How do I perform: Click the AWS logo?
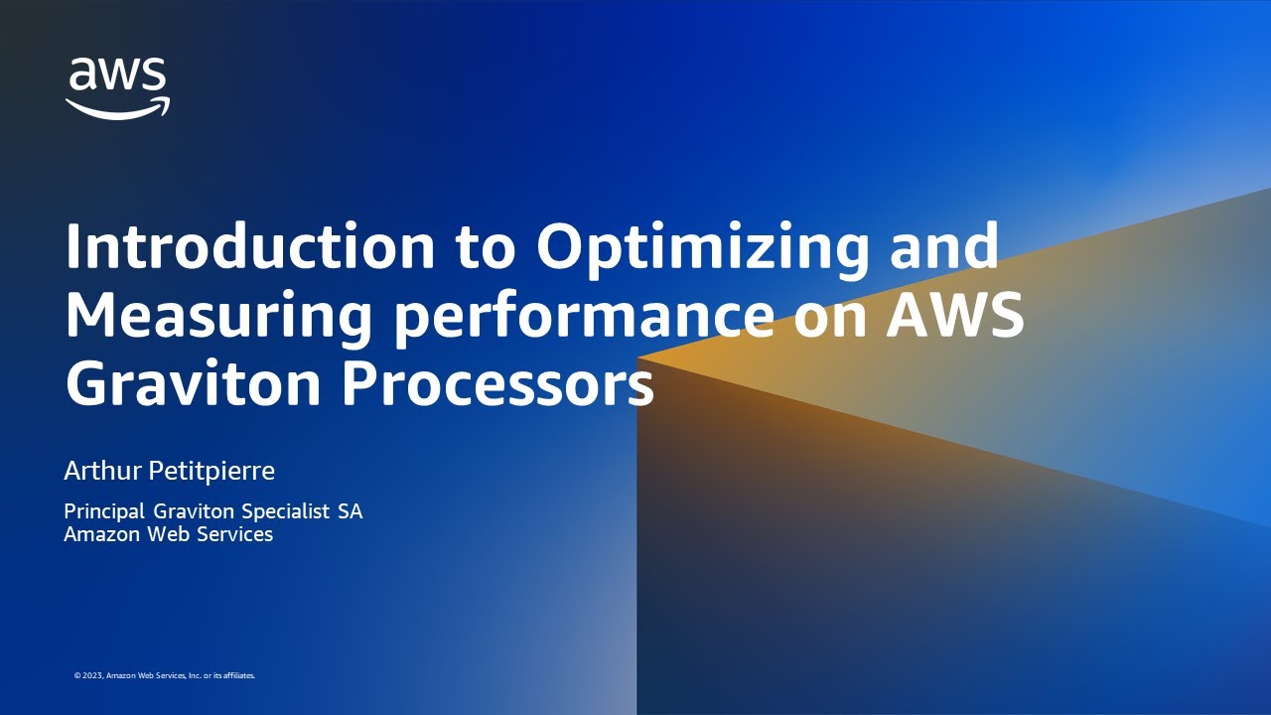(117, 87)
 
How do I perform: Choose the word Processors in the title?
(498, 384)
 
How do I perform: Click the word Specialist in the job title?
(280, 512)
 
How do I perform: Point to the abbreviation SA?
(350, 512)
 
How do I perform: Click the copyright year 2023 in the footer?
(92, 675)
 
